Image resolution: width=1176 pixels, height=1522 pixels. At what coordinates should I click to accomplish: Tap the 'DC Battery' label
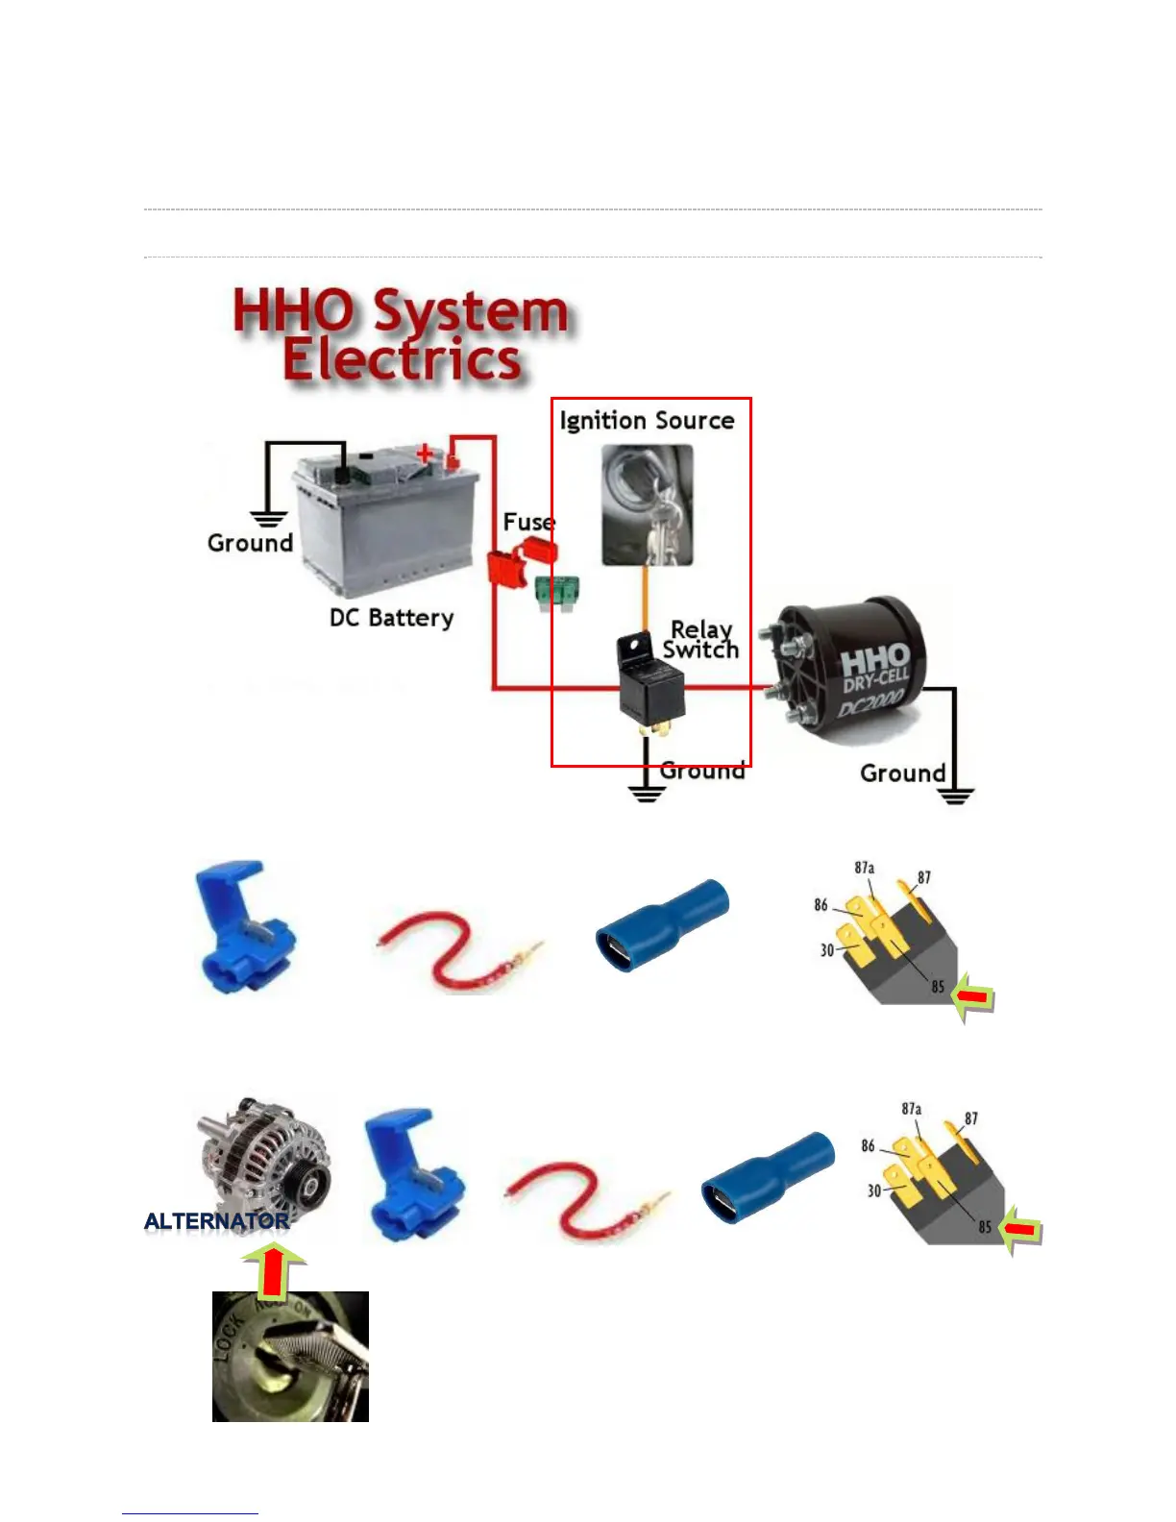[x=391, y=617]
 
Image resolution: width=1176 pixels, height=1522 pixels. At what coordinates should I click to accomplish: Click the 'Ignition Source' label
[x=647, y=421]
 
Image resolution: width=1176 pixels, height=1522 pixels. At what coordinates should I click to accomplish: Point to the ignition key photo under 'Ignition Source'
[x=647, y=505]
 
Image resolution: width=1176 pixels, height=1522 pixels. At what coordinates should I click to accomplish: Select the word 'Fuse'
[x=528, y=522]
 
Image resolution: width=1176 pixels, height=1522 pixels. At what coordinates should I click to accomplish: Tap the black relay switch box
[x=650, y=684]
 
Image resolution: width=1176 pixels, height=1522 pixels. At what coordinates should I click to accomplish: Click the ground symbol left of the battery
[x=268, y=519]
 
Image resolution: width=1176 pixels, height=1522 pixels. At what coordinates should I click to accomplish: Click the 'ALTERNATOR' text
[x=216, y=1221]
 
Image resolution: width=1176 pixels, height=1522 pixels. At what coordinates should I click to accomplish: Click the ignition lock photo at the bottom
[x=290, y=1357]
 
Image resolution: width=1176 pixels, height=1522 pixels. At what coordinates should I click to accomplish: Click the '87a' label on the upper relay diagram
[x=865, y=868]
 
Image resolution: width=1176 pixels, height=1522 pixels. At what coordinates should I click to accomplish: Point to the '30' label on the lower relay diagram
[x=873, y=1191]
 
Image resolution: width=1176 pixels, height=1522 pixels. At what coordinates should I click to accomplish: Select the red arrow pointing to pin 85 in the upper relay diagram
[x=973, y=999]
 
